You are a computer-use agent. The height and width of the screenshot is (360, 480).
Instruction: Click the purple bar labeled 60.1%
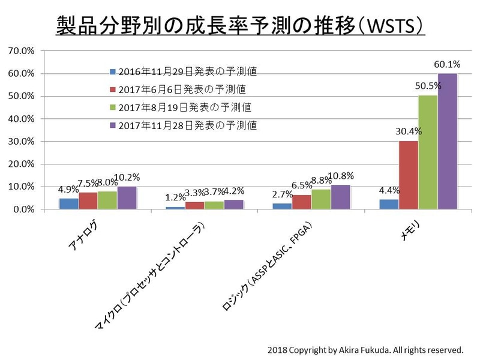coord(447,142)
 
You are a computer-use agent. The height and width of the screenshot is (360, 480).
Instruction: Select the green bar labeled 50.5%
coord(428,152)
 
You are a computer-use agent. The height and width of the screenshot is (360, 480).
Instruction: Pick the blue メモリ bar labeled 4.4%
coord(389,204)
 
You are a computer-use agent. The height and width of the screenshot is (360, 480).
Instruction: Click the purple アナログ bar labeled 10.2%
coord(127,198)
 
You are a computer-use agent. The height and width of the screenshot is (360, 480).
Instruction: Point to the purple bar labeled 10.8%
coord(340,197)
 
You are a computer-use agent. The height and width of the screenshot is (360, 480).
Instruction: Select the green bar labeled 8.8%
coord(321,199)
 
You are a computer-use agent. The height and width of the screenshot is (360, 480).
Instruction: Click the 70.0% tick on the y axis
coord(22,51)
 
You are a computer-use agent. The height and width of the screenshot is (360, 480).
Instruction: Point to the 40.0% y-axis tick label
coord(22,119)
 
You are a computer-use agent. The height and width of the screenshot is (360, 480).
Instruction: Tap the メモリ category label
coord(410,232)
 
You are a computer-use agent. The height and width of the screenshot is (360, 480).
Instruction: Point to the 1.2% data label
coord(175,196)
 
